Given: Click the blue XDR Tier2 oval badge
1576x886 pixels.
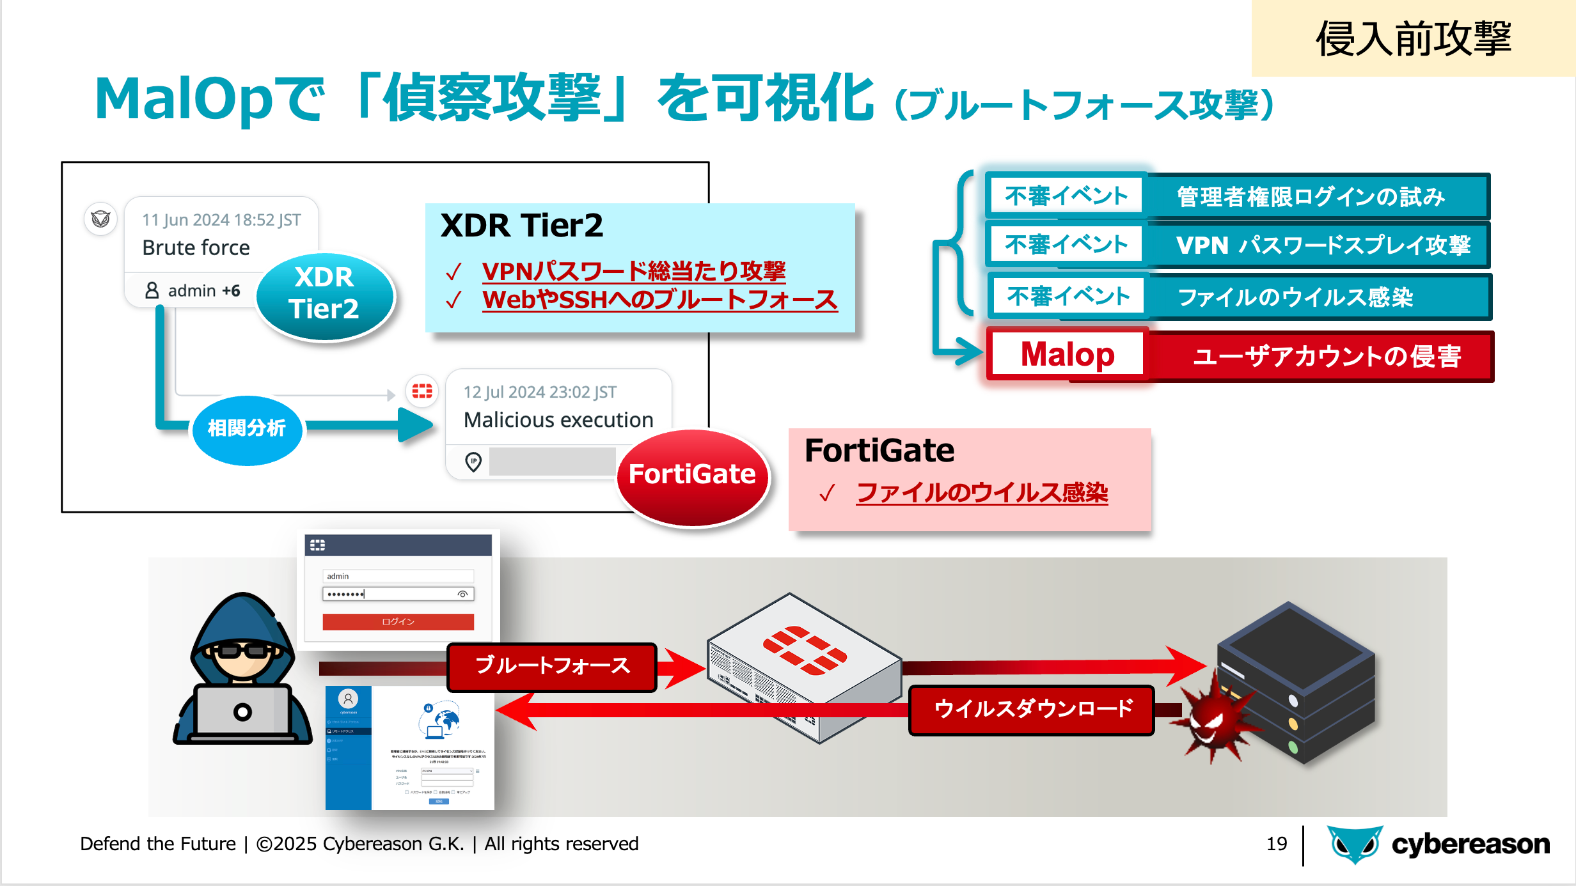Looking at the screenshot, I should [x=325, y=295].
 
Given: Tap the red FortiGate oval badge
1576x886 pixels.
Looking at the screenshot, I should [x=693, y=476].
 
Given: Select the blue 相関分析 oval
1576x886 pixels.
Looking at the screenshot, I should [x=247, y=428].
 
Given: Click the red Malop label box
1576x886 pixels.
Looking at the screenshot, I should [x=1067, y=355].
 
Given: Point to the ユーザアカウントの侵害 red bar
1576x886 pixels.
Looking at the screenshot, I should [x=1327, y=357].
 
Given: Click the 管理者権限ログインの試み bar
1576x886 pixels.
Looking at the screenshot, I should [x=1311, y=197].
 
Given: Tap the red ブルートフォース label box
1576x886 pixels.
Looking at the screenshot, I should [x=552, y=666].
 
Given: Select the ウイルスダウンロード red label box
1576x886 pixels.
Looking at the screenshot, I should [x=1032, y=710].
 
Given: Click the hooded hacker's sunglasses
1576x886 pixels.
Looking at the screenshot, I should [x=242, y=651].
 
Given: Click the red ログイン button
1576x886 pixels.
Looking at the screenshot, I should [x=398, y=622].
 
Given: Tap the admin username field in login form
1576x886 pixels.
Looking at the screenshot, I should [x=398, y=576].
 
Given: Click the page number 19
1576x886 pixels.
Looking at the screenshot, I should [x=1276, y=844].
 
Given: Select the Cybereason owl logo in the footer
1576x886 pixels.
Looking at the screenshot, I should [x=1354, y=844].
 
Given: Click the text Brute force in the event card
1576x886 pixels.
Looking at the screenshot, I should [x=196, y=248].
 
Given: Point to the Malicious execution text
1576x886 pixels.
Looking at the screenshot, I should [x=558, y=421].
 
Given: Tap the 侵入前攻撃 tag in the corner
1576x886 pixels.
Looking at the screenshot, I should [x=1414, y=38].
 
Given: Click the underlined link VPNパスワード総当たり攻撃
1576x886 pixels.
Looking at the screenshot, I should [x=633, y=271].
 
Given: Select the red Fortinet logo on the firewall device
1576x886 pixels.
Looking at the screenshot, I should [x=805, y=649].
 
